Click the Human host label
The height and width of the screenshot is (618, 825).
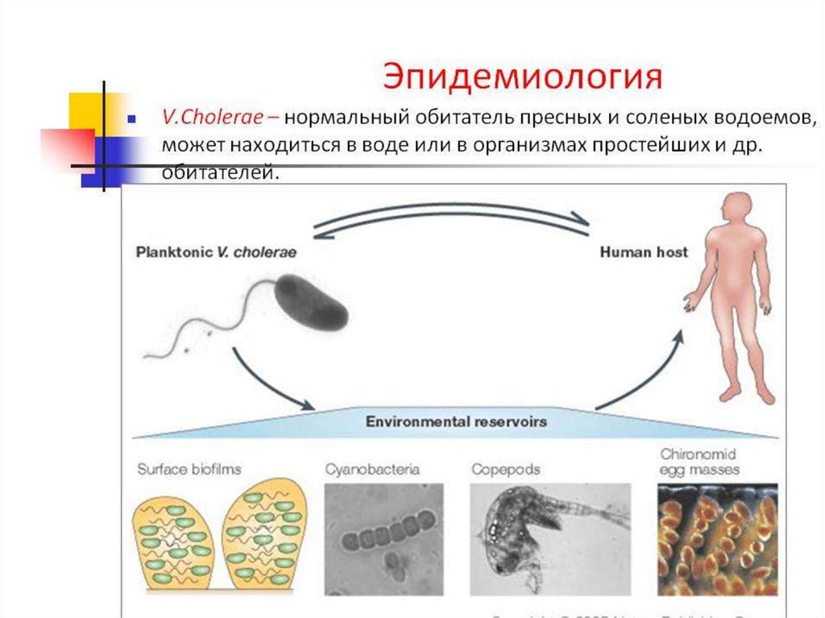pyautogui.click(x=644, y=252)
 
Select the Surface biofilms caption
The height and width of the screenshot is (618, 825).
pyautogui.click(x=189, y=468)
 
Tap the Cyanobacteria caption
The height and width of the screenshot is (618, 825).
pyautogui.click(x=371, y=468)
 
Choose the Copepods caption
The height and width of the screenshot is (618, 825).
pyautogui.click(x=505, y=468)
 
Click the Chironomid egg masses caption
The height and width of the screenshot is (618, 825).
pyautogui.click(x=699, y=461)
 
